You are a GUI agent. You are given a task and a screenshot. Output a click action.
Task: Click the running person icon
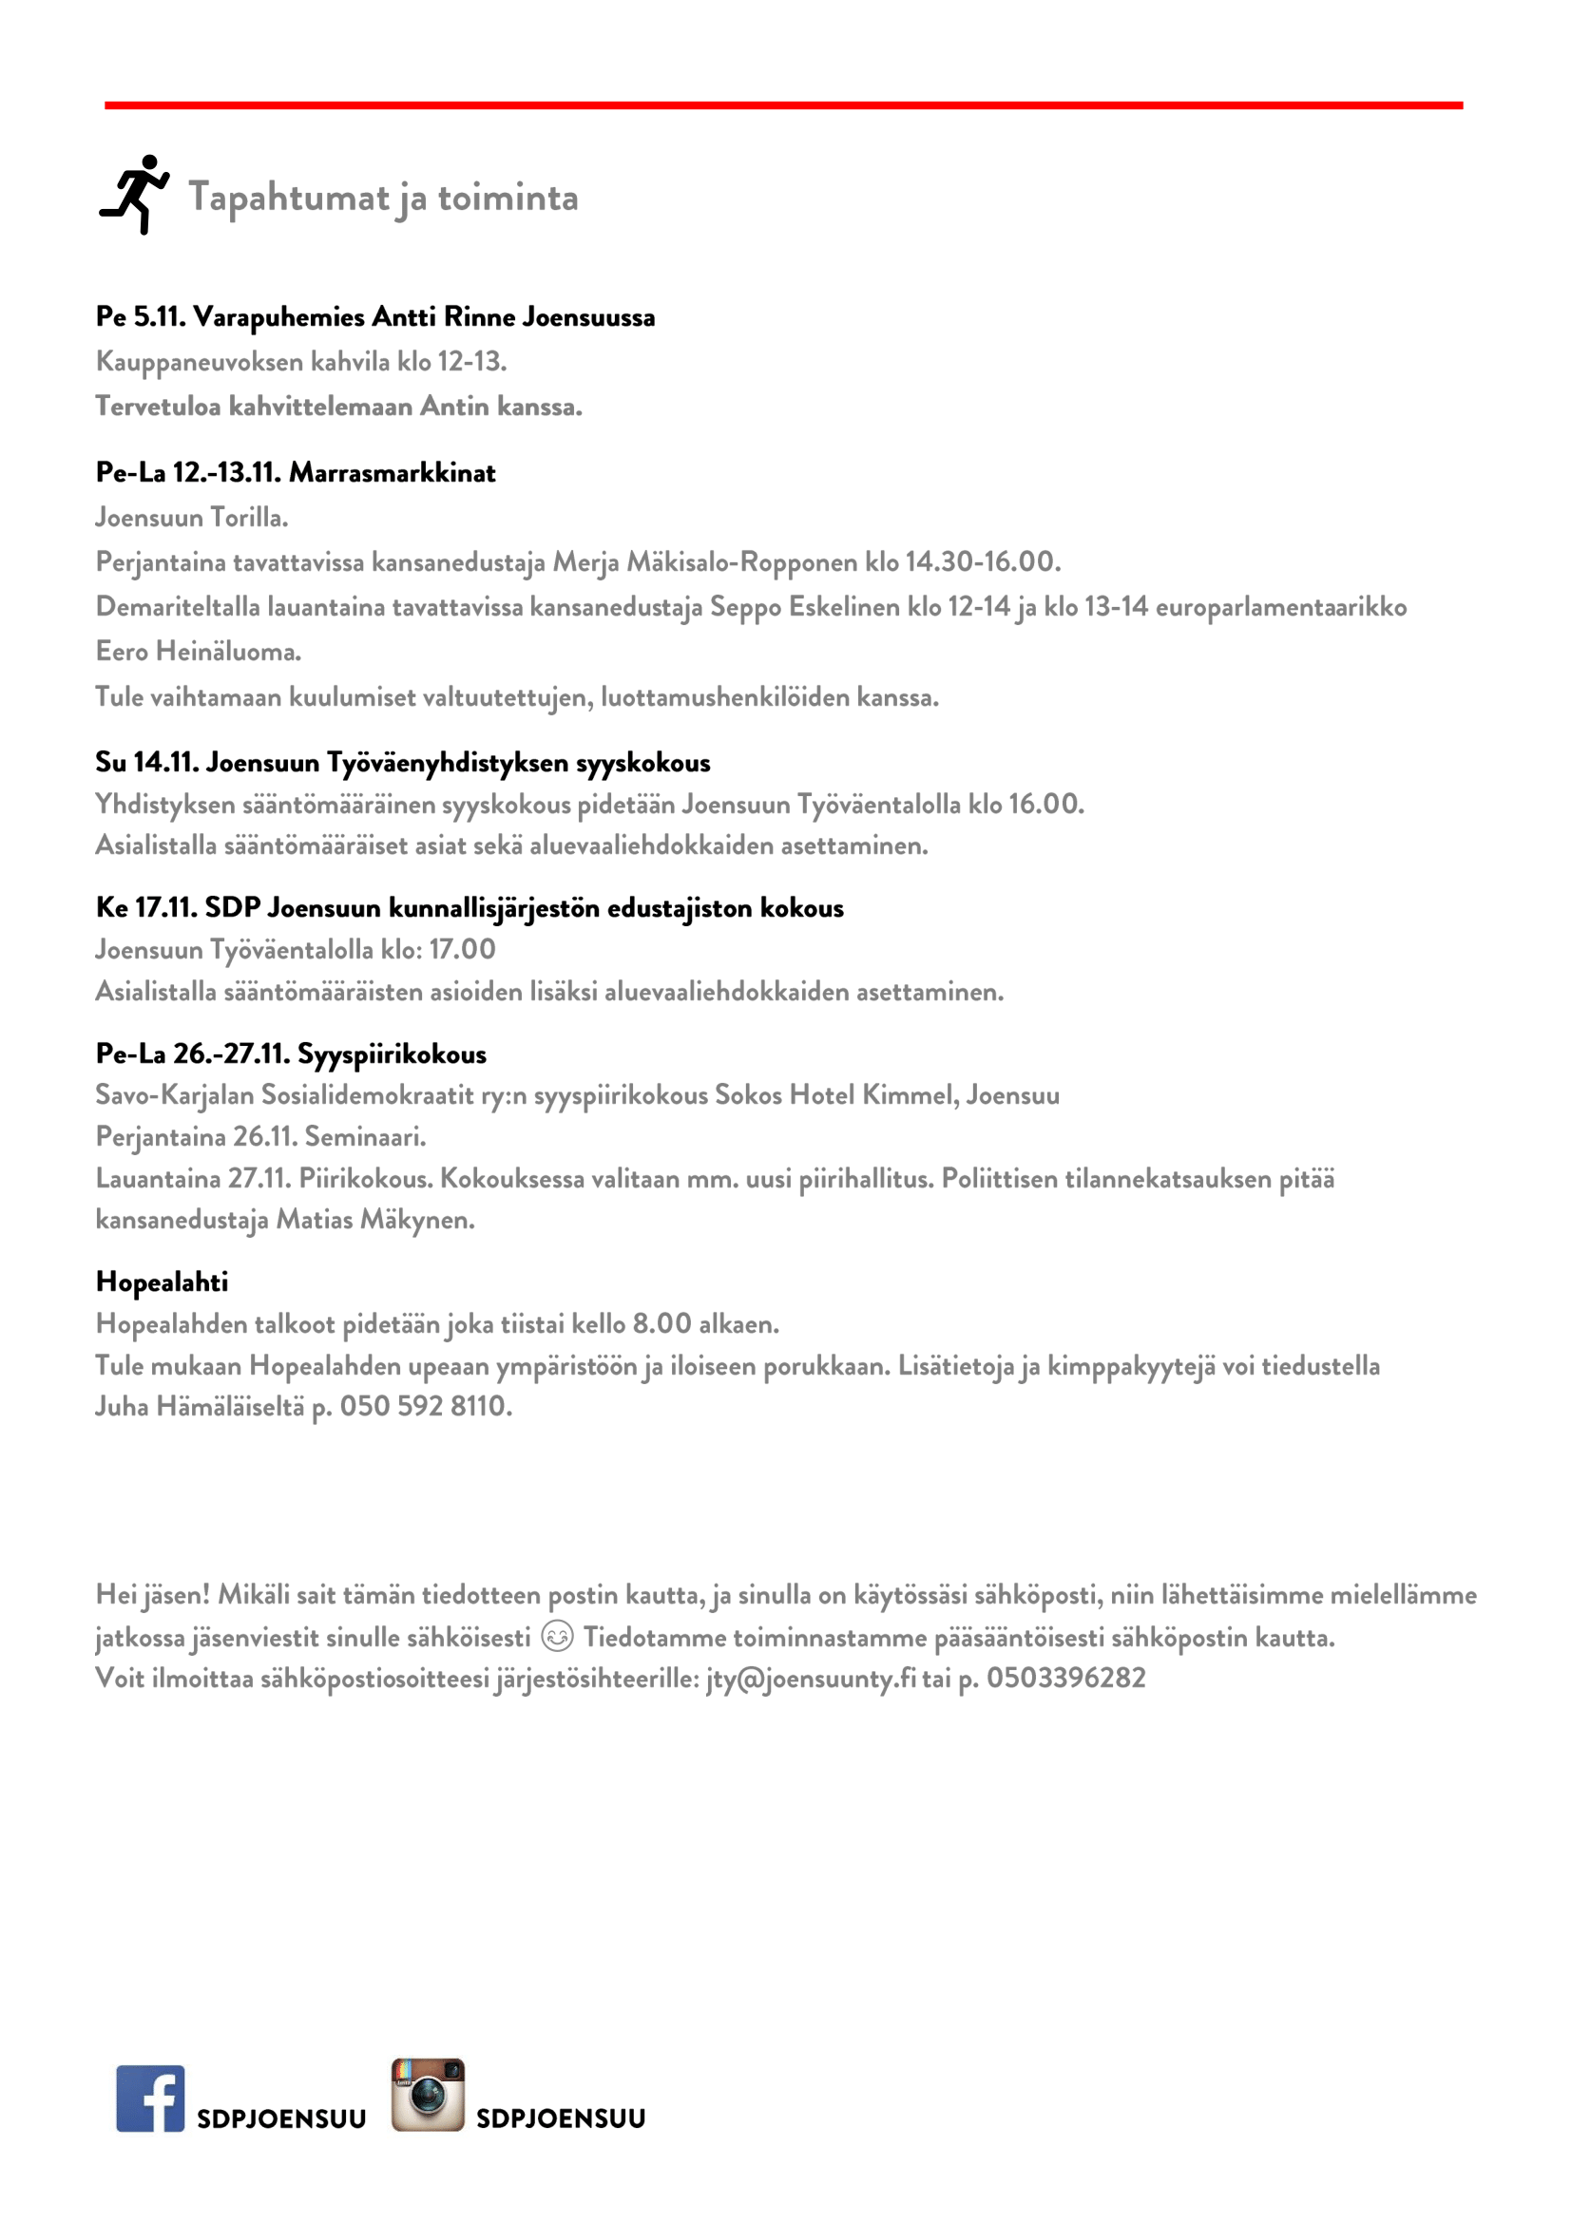click(x=135, y=194)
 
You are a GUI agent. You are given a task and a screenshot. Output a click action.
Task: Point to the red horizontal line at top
click(x=784, y=104)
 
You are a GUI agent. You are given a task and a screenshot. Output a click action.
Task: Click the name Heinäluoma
click(x=227, y=652)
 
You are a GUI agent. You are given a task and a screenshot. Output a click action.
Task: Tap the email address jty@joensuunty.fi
click(x=810, y=1678)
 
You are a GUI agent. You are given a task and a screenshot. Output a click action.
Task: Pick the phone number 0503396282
click(x=1065, y=1678)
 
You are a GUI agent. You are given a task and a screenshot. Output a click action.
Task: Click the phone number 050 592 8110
click(x=425, y=1406)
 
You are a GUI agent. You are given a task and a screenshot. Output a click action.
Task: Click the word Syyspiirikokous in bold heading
click(x=391, y=1054)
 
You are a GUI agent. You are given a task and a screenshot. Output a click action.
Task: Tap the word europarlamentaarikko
click(x=1280, y=607)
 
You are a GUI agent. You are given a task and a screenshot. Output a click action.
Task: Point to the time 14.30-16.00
click(x=981, y=561)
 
